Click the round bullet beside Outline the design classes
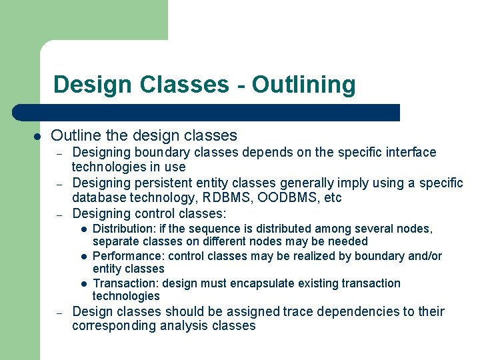tap(38, 136)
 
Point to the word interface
tap(411, 153)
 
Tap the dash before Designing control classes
tap(59, 214)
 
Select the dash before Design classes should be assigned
tap(59, 312)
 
